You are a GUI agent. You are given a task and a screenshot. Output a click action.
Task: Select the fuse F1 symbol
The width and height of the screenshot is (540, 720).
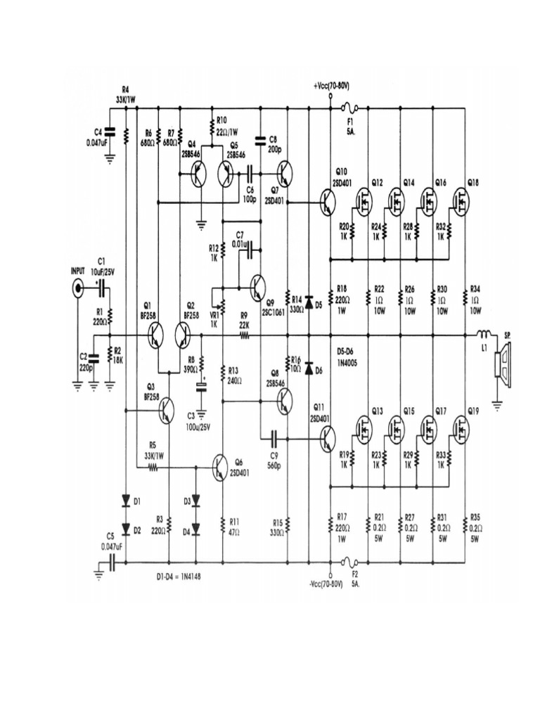click(349, 108)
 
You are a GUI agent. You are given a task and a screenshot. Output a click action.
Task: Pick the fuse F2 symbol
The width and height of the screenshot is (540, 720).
click(349, 562)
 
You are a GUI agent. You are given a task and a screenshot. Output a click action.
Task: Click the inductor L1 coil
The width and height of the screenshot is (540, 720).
click(484, 335)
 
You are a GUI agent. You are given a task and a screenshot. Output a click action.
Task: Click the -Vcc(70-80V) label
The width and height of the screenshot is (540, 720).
click(325, 584)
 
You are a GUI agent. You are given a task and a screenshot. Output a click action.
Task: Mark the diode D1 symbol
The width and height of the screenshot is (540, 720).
click(127, 501)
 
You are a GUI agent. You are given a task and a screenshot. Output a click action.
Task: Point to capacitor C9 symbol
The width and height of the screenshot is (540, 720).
click(274, 439)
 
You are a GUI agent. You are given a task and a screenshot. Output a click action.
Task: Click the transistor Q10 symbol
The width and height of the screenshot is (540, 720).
click(328, 202)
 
